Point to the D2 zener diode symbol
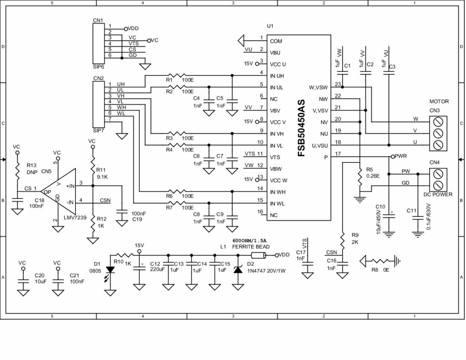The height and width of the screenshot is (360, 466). [x=238, y=269]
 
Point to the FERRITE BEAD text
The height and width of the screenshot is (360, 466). [x=251, y=247]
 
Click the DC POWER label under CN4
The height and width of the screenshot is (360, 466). [x=438, y=194]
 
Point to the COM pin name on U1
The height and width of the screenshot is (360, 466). [x=276, y=41]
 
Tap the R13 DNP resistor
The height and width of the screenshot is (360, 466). [x=17, y=171]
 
